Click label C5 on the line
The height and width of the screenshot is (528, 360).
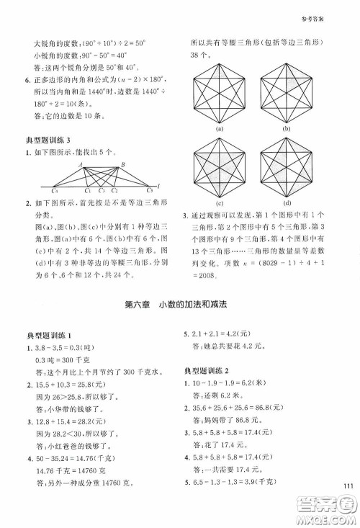(x=148, y=192)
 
